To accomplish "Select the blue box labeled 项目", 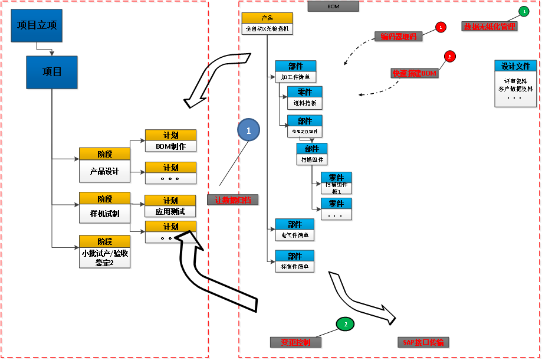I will (x=52, y=72).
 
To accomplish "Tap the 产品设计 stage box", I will (x=105, y=166).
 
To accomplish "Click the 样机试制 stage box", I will (x=105, y=208).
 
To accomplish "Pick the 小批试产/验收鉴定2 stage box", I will (x=105, y=252).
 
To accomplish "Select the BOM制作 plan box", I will (x=171, y=141).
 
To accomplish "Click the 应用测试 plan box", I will (x=171, y=207).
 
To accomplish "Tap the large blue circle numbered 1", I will (x=248, y=130).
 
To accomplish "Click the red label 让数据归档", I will (x=233, y=200).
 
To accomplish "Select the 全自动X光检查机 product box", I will (x=267, y=24).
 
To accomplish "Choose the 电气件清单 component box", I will (x=295, y=230).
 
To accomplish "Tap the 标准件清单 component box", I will (x=295, y=261).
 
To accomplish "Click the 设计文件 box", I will (x=515, y=83).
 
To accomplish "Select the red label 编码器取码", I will (x=399, y=37).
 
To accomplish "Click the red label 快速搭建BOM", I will (x=415, y=73).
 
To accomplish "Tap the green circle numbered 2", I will (x=345, y=323).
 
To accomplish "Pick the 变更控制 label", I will (x=296, y=342).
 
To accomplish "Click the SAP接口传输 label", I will (x=423, y=342).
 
